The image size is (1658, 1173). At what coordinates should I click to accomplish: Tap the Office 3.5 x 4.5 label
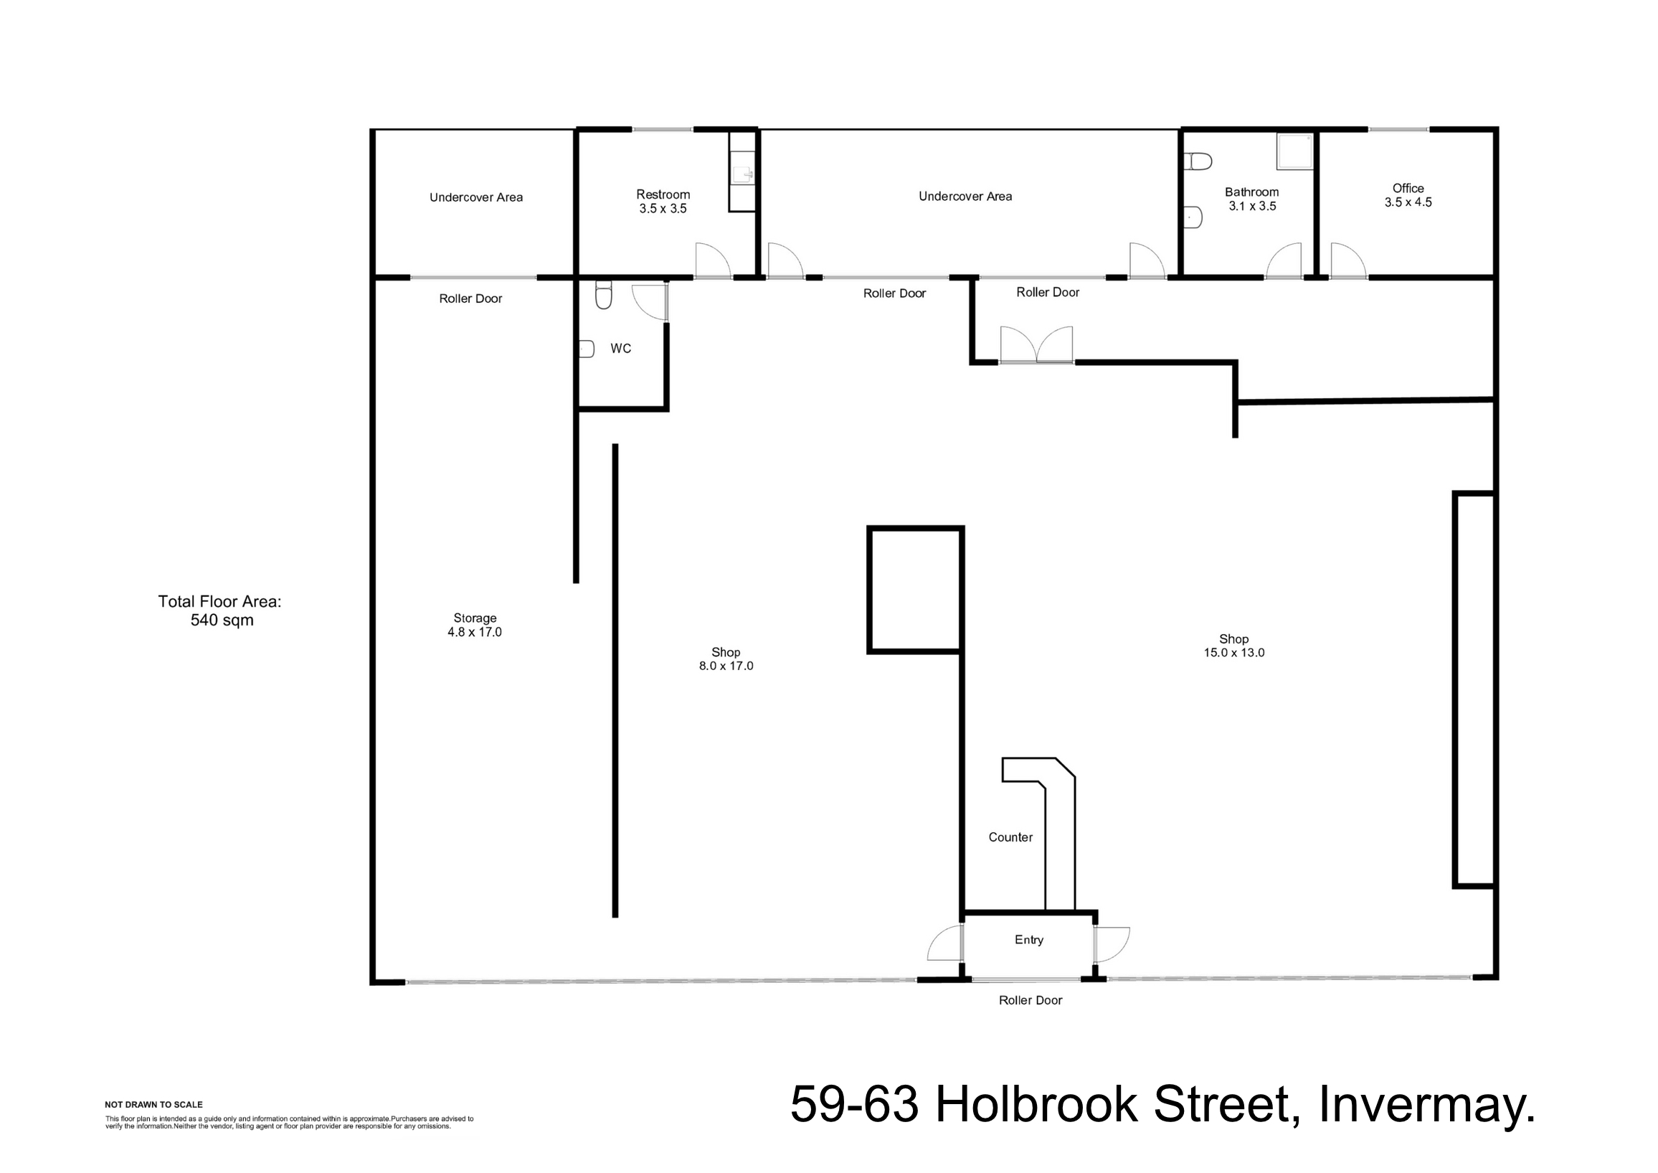click(1408, 195)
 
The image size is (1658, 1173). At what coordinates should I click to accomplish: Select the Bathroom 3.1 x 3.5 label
click(1251, 199)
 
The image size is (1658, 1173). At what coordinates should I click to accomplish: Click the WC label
click(620, 348)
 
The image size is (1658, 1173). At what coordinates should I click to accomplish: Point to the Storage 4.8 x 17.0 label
click(475, 625)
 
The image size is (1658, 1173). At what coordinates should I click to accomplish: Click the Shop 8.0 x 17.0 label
click(725, 659)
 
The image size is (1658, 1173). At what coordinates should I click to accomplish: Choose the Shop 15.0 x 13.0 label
click(1233, 645)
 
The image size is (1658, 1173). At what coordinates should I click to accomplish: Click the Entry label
click(1028, 939)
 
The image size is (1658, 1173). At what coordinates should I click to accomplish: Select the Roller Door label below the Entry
click(1030, 999)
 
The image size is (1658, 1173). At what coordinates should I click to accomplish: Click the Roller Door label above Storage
click(470, 298)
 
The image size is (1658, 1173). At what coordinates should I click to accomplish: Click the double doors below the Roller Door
click(1036, 344)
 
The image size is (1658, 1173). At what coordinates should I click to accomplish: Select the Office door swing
click(1347, 260)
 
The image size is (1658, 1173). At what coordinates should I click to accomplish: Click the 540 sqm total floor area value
click(222, 620)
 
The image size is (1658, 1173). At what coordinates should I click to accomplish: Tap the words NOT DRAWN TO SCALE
click(153, 1103)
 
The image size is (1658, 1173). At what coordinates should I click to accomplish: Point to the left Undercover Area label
click(476, 197)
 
